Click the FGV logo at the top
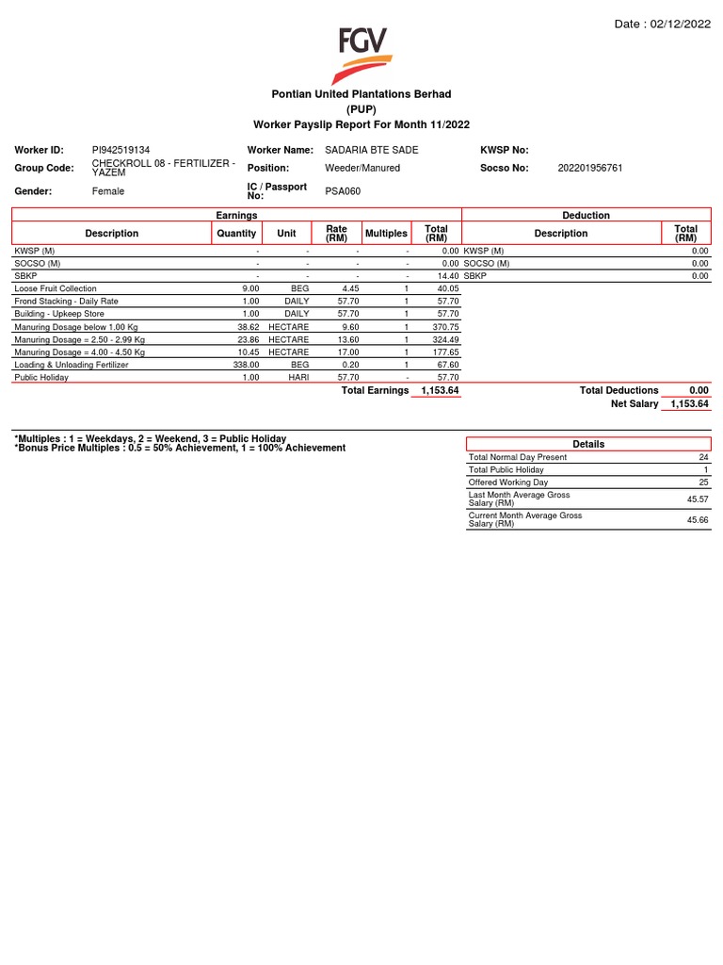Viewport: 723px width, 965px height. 362,56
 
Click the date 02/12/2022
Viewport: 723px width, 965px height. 678,25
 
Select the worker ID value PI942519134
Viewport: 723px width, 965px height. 120,150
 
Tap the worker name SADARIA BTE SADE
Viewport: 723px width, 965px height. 372,150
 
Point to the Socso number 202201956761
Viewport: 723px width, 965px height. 590,168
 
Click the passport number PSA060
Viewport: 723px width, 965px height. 343,191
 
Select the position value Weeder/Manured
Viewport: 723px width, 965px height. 362,168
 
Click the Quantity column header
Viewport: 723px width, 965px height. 236,233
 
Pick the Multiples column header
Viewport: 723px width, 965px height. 386,233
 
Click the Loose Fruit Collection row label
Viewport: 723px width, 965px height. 56,288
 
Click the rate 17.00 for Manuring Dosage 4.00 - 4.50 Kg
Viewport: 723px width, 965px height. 349,352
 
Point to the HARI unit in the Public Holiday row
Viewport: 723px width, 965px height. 297,377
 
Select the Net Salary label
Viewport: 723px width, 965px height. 635,403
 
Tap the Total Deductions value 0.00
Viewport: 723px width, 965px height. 698,390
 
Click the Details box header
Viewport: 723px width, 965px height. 588,444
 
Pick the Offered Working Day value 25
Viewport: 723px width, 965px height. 703,482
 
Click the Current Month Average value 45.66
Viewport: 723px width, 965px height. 698,519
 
